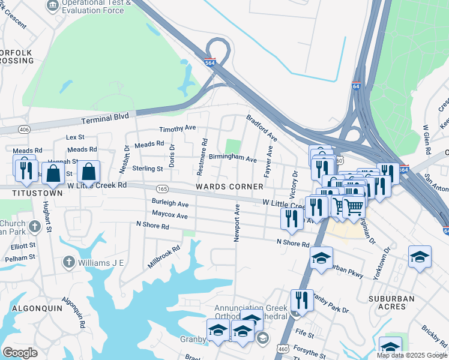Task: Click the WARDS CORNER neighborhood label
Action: [229, 187]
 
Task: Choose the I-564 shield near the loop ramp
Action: [209, 61]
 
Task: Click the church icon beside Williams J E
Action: [69, 262]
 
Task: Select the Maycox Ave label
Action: [170, 214]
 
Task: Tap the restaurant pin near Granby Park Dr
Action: [302, 301]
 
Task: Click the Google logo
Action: [19, 353]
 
